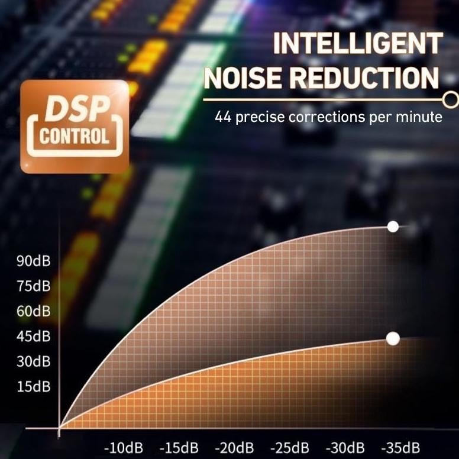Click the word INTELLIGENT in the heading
(x=358, y=44)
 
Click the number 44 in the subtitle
(x=223, y=117)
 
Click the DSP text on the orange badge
(x=75, y=110)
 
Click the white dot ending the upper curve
(x=392, y=227)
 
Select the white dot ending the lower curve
(x=393, y=338)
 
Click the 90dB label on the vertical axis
(x=34, y=261)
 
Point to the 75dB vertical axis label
(x=34, y=286)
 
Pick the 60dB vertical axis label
(x=34, y=311)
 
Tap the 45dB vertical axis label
(x=34, y=337)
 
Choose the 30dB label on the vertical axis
(x=34, y=361)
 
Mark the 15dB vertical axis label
(x=34, y=387)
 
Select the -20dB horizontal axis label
(x=234, y=447)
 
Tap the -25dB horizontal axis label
(x=289, y=447)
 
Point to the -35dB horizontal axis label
(x=400, y=447)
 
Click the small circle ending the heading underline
(x=451, y=98)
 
